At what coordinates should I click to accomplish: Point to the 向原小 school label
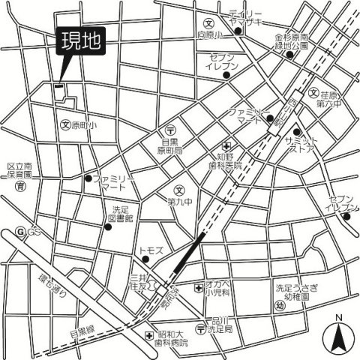212,34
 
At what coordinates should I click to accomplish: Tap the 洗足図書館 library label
123,214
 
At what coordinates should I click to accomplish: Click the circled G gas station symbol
20,231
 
